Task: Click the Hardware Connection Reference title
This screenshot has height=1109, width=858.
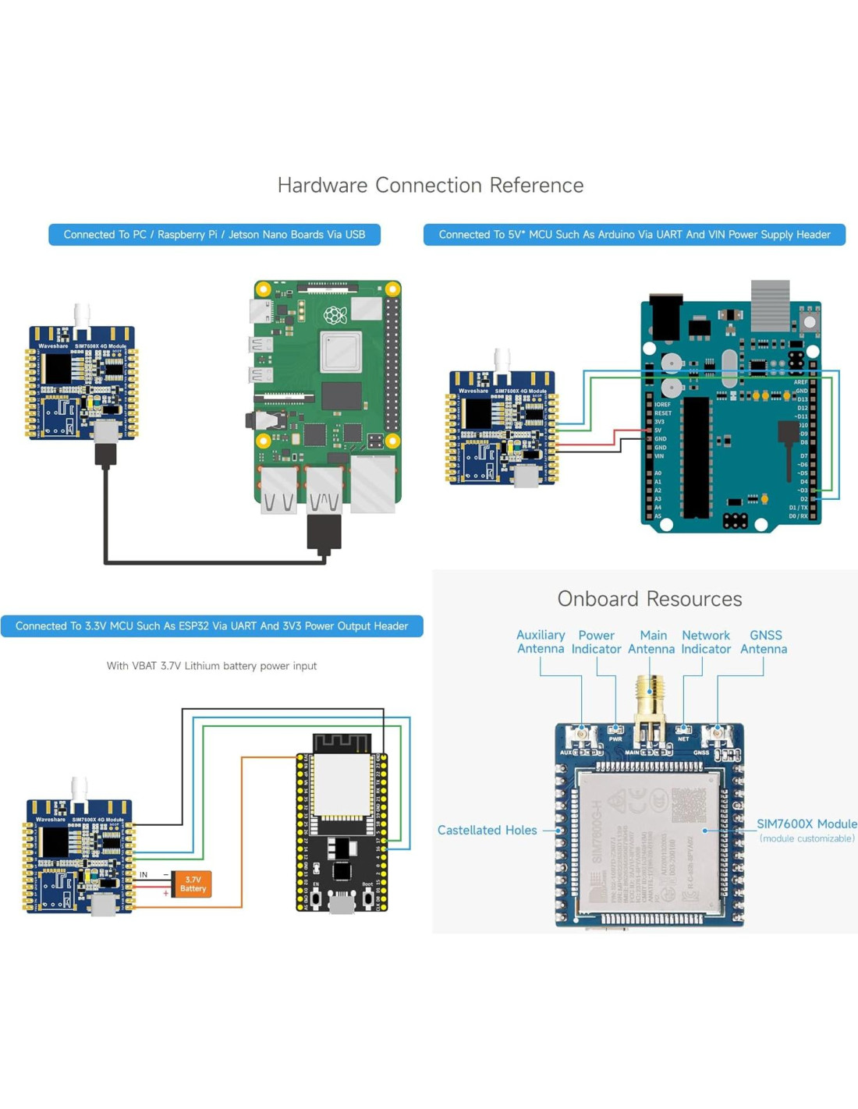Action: pyautogui.click(x=431, y=185)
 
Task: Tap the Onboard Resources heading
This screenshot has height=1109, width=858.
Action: pyautogui.click(x=649, y=598)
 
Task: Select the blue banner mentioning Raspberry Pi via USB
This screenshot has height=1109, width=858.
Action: pyautogui.click(x=214, y=235)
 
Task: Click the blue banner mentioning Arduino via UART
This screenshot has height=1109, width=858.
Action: pyautogui.click(x=634, y=235)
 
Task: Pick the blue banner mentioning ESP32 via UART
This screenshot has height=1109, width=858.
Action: pyautogui.click(x=211, y=626)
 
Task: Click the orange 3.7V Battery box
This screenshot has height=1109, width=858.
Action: pyautogui.click(x=192, y=884)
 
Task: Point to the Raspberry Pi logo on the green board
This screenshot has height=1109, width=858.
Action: pyautogui.click(x=335, y=314)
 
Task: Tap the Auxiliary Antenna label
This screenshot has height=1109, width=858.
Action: pyautogui.click(x=541, y=642)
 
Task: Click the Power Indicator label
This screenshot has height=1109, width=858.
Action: pyautogui.click(x=596, y=642)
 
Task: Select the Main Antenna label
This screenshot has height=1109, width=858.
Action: pyautogui.click(x=651, y=642)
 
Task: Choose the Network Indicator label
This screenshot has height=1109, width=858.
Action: pyautogui.click(x=706, y=642)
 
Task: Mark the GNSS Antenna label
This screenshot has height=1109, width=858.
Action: pyautogui.click(x=764, y=642)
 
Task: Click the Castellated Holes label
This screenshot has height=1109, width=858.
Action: pyautogui.click(x=487, y=830)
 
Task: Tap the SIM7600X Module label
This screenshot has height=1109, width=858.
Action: pyautogui.click(x=807, y=824)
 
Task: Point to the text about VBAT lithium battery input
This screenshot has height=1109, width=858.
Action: pyautogui.click(x=211, y=666)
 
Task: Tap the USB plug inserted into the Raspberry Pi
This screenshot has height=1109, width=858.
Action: pyautogui.click(x=324, y=533)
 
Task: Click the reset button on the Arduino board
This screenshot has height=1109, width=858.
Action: pyautogui.click(x=810, y=321)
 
